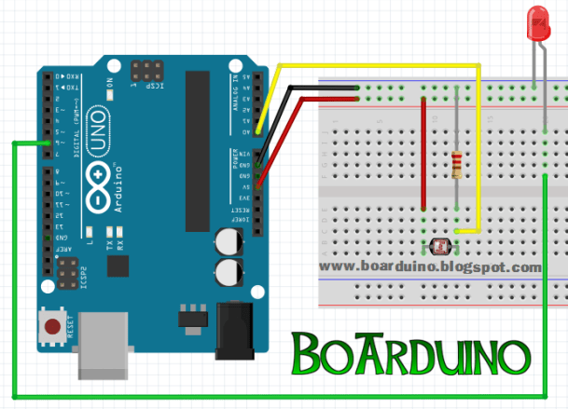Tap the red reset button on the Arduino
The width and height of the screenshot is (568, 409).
coord(53,327)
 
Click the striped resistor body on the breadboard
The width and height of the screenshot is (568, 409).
coord(455,165)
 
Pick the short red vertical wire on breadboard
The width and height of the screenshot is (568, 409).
coord(423,158)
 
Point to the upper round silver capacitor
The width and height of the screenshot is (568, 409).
coord(228,242)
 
